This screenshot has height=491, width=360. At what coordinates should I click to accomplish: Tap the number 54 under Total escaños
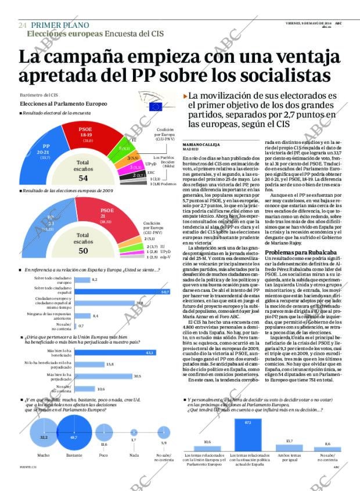83,178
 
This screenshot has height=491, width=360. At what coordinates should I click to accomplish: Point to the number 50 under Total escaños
83,251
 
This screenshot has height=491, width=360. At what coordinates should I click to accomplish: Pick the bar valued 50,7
122,291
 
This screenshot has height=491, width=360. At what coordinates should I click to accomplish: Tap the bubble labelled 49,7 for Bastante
73,436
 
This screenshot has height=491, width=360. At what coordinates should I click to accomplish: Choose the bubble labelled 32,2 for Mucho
44,437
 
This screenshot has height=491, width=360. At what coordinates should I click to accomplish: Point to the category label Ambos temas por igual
289,458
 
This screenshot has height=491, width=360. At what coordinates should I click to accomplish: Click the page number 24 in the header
23,26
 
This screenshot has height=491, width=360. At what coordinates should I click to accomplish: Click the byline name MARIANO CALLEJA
199,143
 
